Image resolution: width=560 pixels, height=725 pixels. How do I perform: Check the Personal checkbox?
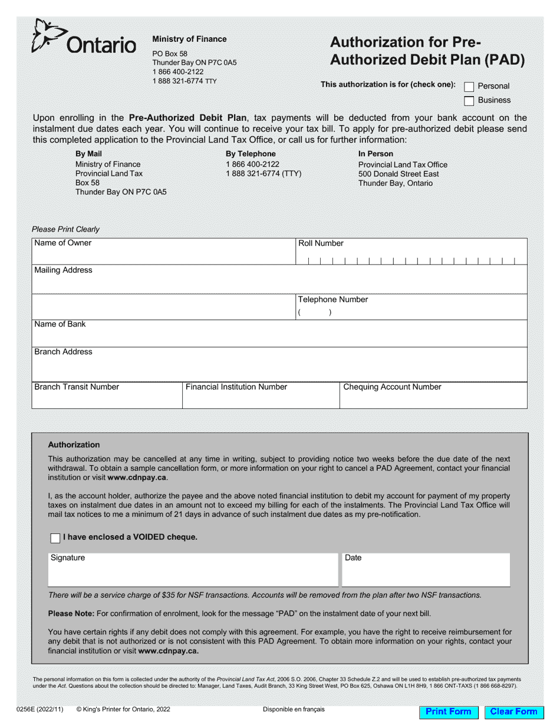pos(469,87)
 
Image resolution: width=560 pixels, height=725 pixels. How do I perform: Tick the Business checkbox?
pos(469,101)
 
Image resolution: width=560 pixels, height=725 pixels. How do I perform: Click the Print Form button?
pos(448,711)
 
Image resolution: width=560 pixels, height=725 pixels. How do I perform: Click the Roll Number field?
pos(411,258)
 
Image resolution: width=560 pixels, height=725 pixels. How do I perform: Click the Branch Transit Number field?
pos(107,400)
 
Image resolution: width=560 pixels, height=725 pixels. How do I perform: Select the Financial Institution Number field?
pos(261,400)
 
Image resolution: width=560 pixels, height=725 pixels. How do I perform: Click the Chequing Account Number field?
pos(433,400)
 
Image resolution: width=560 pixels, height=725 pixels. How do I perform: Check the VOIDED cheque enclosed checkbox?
pos(55,538)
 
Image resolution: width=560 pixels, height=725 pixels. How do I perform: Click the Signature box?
pos(193,573)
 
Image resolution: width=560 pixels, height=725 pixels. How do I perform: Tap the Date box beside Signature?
pos(426,573)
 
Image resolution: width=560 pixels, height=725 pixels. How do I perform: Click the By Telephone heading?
pos(251,154)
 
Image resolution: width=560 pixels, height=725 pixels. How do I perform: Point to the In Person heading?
pos(375,154)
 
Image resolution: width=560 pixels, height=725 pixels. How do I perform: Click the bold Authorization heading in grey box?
pos(74,445)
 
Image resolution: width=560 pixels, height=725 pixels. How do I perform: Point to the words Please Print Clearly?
pos(65,229)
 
